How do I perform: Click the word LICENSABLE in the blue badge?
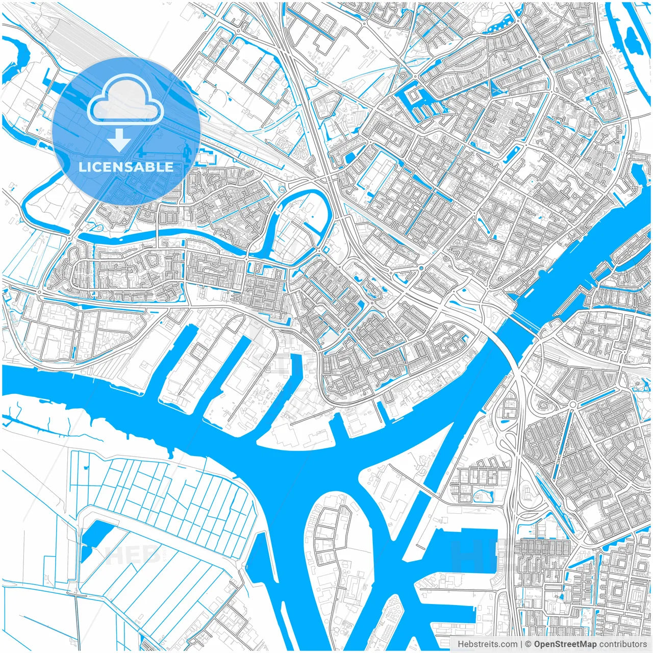pos(126,167)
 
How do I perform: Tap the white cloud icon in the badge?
pos(125,101)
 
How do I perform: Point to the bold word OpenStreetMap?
pos(565,644)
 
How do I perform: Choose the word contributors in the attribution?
pos(623,644)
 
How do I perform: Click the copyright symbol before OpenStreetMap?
pos(529,644)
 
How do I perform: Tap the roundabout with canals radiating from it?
pos(573,405)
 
